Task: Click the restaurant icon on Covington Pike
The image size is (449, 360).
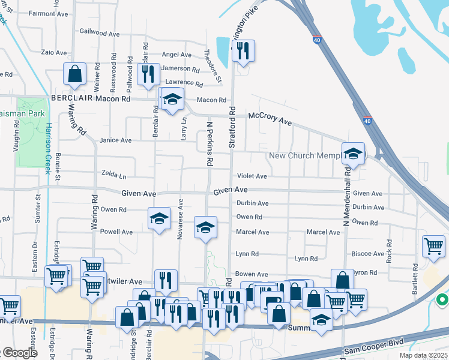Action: point(243,51)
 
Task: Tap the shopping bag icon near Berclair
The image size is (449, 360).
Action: point(76,74)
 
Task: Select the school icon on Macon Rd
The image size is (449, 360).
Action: point(172,100)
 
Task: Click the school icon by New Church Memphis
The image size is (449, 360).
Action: point(354,154)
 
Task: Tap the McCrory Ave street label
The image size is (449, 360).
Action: point(270,118)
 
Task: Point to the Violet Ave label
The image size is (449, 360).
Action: point(252,176)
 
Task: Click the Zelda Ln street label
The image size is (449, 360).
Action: point(114,177)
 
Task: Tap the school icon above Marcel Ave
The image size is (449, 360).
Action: point(205,227)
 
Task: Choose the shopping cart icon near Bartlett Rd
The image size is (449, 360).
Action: point(433,246)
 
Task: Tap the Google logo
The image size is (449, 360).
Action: point(19,353)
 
